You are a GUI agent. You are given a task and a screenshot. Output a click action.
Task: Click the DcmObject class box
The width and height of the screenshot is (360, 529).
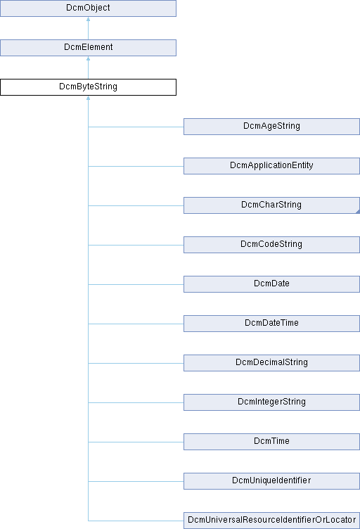(88, 8)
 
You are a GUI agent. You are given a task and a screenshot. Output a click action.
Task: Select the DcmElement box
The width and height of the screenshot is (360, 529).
(88, 48)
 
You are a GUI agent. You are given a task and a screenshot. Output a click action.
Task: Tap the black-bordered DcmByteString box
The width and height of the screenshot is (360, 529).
(88, 87)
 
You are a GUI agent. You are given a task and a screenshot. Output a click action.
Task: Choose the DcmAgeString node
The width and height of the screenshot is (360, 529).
(271, 127)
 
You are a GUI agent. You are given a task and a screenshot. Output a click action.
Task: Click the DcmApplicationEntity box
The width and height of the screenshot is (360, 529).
(271, 166)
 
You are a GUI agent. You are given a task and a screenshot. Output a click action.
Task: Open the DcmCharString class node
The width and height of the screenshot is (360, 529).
(271, 205)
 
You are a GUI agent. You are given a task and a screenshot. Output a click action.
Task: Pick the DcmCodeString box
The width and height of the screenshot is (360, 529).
(271, 245)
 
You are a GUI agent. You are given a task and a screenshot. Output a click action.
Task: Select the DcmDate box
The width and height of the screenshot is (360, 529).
(271, 284)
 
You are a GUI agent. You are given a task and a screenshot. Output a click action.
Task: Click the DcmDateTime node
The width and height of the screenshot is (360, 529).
(271, 324)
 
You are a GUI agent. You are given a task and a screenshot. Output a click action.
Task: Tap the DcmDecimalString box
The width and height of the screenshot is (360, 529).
(271, 363)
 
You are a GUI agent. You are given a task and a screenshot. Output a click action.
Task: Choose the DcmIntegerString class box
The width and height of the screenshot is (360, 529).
(271, 402)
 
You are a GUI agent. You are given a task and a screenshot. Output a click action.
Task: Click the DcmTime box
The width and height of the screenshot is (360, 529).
(271, 442)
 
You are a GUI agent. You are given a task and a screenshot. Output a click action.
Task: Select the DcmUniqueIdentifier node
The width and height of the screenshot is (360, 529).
(271, 481)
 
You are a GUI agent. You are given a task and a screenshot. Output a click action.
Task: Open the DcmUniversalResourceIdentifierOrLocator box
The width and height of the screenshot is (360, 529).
(271, 521)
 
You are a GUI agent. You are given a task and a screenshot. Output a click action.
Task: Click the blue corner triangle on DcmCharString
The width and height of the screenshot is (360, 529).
(358, 212)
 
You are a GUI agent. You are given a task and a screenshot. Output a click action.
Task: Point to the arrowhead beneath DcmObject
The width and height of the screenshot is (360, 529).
(89, 19)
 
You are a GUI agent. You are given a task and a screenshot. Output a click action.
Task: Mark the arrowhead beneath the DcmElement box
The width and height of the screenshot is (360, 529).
(89, 58)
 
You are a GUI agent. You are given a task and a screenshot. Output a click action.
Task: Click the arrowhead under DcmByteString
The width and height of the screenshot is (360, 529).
(89, 98)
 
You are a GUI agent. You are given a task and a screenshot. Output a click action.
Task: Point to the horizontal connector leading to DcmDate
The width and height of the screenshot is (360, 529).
(136, 284)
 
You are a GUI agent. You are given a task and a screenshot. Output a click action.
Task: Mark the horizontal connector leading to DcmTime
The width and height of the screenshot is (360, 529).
(136, 442)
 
